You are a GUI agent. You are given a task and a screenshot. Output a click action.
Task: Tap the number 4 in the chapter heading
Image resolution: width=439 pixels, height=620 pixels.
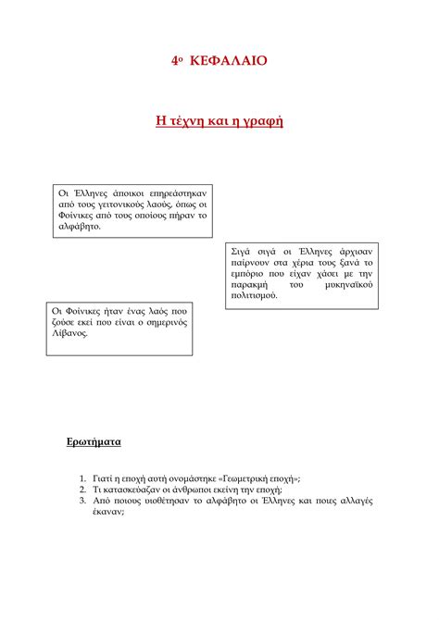[x=174, y=60]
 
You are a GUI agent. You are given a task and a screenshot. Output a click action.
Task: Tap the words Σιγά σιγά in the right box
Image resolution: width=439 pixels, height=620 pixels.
[x=252, y=252]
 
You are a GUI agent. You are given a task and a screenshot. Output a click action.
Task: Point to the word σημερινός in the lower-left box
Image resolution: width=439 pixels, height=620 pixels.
[x=163, y=322]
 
